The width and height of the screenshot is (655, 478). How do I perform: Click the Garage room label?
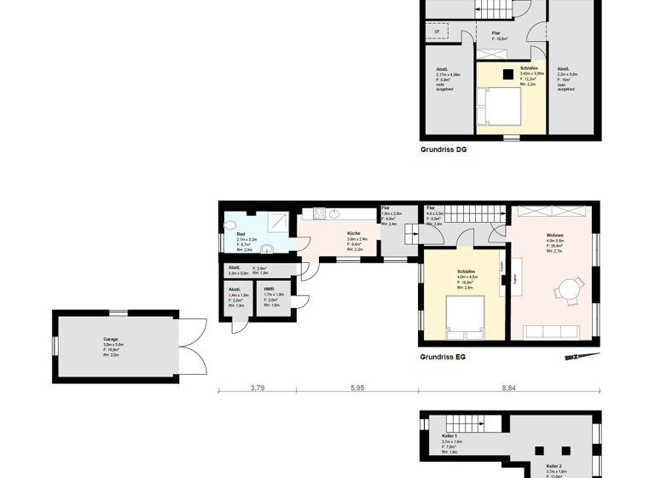tap(112, 339)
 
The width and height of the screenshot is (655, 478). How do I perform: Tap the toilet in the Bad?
tap(230, 226)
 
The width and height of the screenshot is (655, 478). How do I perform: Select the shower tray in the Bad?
tap(278, 221)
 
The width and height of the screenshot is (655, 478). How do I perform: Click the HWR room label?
tap(269, 289)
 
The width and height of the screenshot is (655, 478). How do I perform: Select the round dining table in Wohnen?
tap(569, 289)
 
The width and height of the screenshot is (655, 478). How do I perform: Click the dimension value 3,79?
tap(257, 388)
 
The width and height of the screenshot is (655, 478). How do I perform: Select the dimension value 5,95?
tap(357, 388)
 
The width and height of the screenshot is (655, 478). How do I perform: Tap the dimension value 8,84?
tap(508, 388)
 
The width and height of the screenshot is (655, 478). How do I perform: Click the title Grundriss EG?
tap(443, 358)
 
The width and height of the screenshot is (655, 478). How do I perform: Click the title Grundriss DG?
tap(443, 149)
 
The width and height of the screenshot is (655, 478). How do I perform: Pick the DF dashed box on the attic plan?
tap(437, 32)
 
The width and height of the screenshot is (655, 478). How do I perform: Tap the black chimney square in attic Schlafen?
tap(507, 73)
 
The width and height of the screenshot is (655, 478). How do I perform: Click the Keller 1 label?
tap(438, 436)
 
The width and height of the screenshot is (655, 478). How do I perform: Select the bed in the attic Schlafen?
tap(499, 108)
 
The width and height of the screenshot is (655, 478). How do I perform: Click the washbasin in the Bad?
tap(266, 250)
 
